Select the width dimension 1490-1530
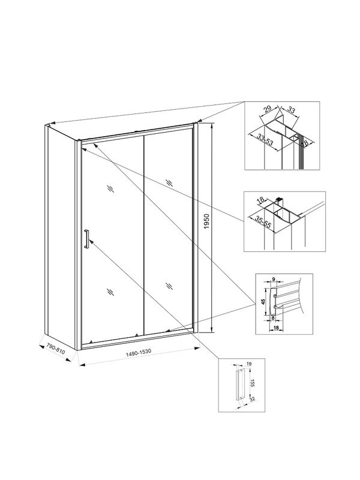click(139, 355)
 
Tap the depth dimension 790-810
click(55, 350)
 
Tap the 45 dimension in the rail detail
click(263, 302)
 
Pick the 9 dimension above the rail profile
click(273, 279)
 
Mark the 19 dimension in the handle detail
click(249, 364)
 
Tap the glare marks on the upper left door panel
click(110, 188)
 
